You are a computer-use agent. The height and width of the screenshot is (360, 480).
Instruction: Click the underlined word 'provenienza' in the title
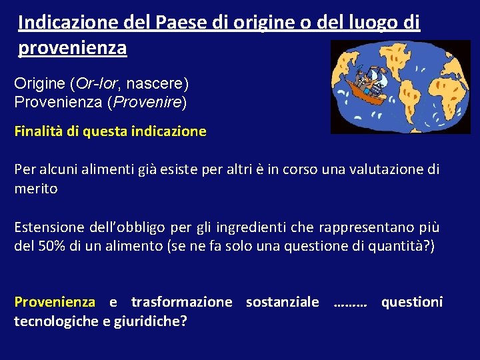(x=73, y=48)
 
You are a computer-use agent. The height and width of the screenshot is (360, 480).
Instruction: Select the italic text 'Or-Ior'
(x=97, y=85)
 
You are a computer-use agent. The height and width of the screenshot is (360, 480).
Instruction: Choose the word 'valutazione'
(x=375, y=169)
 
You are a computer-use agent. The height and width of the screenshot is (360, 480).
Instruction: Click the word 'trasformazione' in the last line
(x=182, y=302)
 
